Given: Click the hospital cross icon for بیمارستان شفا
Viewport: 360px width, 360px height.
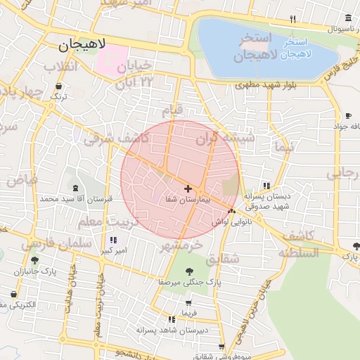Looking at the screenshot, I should (188, 188).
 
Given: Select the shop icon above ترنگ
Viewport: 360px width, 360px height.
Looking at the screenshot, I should (58, 86).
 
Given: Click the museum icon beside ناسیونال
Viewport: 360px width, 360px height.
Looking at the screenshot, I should (349, 19).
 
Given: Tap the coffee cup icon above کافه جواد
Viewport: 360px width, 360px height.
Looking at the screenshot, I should (348, 115).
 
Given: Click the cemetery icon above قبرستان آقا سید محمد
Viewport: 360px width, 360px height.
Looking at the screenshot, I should (75, 188).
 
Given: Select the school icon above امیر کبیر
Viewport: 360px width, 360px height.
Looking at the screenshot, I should (113, 240).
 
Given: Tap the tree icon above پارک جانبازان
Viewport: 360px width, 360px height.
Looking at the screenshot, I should (34, 260).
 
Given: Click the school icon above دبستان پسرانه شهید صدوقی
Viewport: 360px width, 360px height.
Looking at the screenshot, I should (266, 186).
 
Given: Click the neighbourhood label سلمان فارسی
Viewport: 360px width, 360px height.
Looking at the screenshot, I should (56, 244).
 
